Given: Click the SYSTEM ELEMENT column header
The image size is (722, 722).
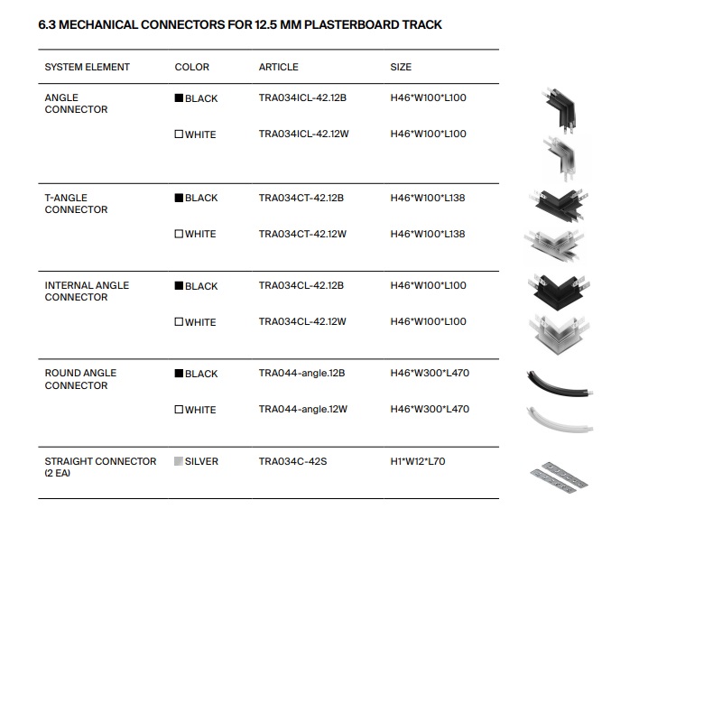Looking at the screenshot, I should [87, 67].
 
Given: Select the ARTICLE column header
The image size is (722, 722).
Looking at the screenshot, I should [278, 67].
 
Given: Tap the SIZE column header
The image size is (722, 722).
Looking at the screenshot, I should [401, 67].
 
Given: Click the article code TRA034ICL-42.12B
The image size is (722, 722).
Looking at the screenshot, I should [302, 97].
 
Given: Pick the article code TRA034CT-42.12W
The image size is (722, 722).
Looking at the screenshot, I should [302, 234].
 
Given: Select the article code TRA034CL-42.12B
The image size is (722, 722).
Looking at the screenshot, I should [301, 285].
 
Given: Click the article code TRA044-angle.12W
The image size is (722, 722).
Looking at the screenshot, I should [302, 409].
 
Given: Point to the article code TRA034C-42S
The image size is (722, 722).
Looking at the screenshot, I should [292, 461].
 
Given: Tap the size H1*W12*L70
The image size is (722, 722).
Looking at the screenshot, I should [418, 461].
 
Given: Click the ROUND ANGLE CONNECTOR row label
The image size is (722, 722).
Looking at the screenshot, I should [81, 379].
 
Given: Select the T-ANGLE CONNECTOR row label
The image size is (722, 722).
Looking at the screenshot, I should [76, 203].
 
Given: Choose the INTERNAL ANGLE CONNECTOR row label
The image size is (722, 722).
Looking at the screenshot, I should [87, 291].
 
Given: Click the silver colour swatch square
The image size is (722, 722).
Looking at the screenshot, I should [179, 461].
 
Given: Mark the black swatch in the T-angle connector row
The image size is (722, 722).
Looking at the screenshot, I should [179, 198].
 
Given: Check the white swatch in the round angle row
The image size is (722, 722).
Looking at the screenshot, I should [179, 410].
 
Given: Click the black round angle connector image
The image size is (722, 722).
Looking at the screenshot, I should [560, 383].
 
